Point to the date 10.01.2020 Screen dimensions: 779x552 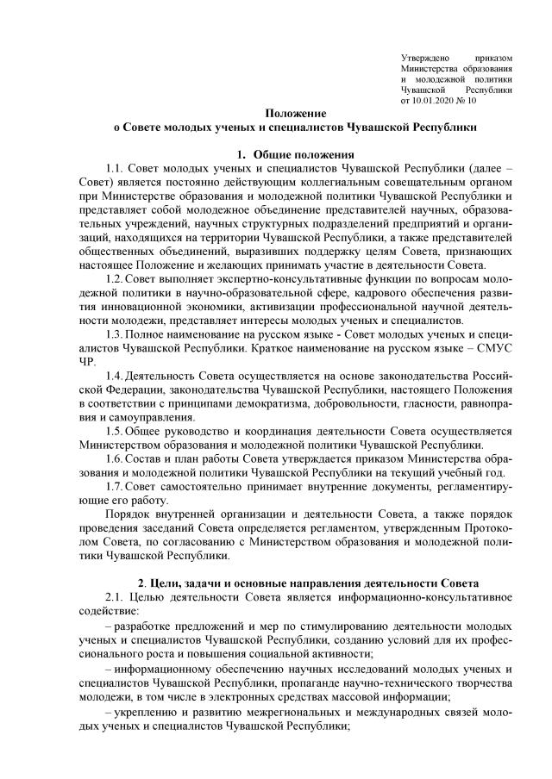tap(436, 100)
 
